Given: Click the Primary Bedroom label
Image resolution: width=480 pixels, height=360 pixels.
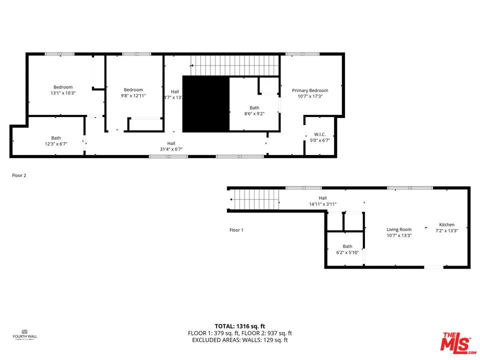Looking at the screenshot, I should (x=310, y=90).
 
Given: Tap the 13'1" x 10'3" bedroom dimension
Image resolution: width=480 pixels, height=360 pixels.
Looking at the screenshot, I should (x=63, y=93).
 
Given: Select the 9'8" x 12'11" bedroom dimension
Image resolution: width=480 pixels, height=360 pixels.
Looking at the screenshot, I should (x=133, y=95).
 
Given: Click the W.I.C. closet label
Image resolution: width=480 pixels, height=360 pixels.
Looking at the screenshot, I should (x=320, y=134).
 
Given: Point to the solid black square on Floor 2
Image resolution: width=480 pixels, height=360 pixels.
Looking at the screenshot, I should (x=205, y=104).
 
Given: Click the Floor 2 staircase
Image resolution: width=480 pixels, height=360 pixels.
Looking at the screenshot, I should (x=234, y=65).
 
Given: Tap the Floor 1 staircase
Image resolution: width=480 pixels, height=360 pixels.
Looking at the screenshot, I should (x=252, y=199).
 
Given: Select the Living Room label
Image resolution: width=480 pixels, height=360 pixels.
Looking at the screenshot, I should (x=399, y=229).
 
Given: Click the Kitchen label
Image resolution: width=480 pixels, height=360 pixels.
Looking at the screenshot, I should (x=446, y=224).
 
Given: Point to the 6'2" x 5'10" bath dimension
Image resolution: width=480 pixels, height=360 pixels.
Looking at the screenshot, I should (x=347, y=252).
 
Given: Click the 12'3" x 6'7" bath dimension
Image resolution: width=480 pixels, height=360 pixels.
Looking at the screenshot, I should (x=56, y=144).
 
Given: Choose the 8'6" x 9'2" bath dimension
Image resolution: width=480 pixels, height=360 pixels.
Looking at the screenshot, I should (x=254, y=113).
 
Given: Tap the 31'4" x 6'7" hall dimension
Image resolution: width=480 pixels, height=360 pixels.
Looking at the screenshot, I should (x=171, y=149).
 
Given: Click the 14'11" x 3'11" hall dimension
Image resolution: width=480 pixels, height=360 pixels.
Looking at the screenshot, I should (x=322, y=204).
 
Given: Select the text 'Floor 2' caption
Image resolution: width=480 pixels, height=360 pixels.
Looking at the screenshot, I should (x=19, y=175).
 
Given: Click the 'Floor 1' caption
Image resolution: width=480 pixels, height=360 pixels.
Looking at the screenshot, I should (x=236, y=230).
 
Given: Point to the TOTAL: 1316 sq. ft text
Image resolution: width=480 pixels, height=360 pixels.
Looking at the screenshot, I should (x=239, y=325).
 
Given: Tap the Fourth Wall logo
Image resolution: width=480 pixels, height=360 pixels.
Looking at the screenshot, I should (x=24, y=333).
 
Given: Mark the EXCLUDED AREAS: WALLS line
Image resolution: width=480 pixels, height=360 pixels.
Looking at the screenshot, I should (x=239, y=340).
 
